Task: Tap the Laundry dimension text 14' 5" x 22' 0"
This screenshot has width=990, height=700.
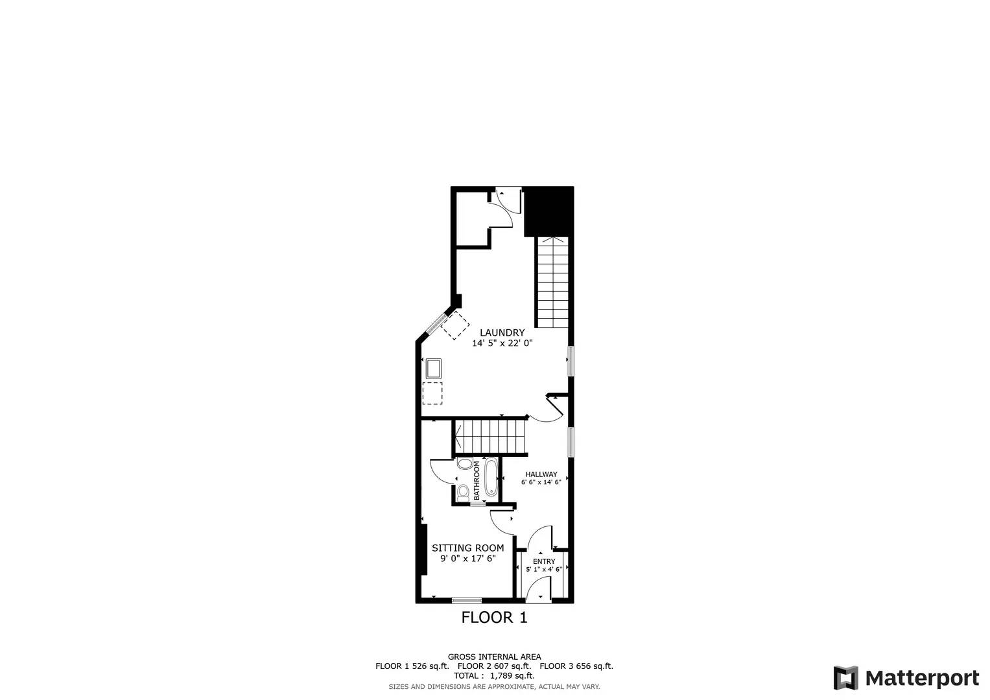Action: (x=502, y=344)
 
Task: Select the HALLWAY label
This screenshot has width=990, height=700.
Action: (x=541, y=474)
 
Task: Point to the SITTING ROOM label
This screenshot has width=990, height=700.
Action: (x=467, y=548)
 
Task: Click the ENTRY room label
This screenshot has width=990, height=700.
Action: (x=544, y=561)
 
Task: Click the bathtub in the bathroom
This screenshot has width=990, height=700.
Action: (x=491, y=477)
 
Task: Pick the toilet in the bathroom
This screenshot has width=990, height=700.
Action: (x=462, y=493)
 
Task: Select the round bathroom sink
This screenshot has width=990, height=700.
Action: (x=464, y=464)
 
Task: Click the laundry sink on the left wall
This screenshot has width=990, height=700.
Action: (x=433, y=368)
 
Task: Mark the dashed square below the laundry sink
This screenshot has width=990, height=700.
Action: (x=432, y=393)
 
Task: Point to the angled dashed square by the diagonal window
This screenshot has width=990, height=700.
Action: (x=456, y=325)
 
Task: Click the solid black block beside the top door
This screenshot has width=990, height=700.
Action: (x=548, y=211)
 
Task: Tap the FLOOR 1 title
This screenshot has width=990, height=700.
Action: (x=494, y=618)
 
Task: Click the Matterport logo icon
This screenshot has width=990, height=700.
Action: (x=845, y=678)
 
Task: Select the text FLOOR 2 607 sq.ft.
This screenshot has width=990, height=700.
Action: (x=494, y=666)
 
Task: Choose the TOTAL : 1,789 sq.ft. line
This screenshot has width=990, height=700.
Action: (x=494, y=675)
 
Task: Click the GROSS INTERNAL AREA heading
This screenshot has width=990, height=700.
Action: (x=494, y=657)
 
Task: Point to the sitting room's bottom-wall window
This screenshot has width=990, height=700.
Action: (x=467, y=600)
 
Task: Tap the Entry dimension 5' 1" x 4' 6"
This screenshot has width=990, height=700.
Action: (x=544, y=569)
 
